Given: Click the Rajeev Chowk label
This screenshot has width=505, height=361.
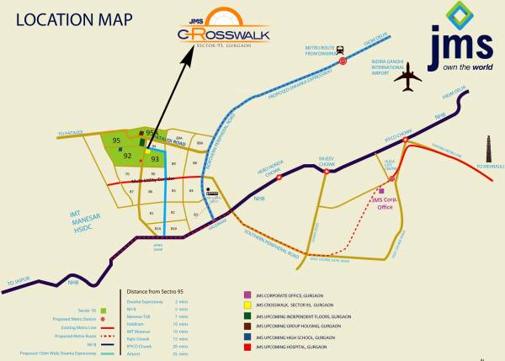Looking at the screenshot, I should (x=326, y=157).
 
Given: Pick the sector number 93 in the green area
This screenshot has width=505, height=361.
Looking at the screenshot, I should (x=155, y=158).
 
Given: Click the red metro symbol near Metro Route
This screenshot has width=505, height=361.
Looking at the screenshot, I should (x=341, y=50).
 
